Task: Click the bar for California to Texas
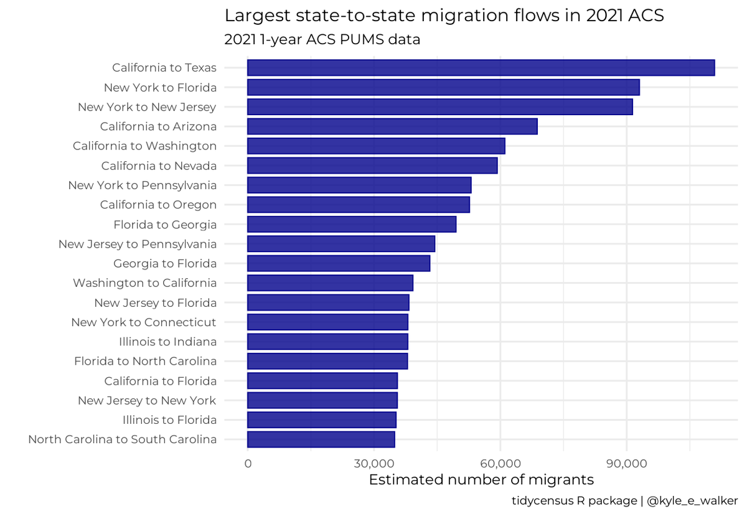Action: [481, 67]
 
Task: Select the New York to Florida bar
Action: [443, 87]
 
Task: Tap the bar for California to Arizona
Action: [392, 126]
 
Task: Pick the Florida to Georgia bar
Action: [352, 224]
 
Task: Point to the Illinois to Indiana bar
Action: [327, 342]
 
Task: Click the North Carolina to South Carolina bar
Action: [321, 439]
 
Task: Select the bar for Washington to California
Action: [330, 283]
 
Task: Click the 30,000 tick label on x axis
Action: [374, 464]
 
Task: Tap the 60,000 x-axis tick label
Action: [500, 464]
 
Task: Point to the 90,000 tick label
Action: [626, 464]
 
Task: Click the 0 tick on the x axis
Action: [248, 464]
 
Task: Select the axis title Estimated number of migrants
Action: [481, 481]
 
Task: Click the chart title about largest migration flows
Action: [444, 16]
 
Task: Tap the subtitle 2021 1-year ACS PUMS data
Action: [322, 40]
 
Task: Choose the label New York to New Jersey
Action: [147, 107]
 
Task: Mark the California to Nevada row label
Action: [159, 166]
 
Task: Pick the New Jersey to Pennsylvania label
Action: [138, 244]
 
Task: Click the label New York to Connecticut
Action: [144, 322]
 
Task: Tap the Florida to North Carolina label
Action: [145, 362]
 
